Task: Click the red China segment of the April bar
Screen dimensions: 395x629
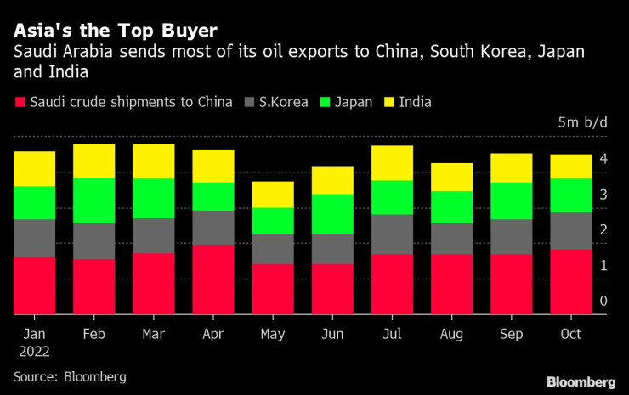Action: click(x=212, y=279)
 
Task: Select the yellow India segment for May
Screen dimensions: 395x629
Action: click(x=272, y=195)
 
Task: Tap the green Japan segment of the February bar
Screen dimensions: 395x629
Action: click(x=93, y=200)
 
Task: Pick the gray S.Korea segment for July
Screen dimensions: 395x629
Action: click(x=392, y=234)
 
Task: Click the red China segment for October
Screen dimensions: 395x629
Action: click(x=570, y=281)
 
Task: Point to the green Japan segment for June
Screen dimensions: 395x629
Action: click(x=332, y=214)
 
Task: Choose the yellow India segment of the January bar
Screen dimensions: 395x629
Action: click(x=34, y=169)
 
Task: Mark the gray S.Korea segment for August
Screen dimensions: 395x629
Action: click(x=451, y=239)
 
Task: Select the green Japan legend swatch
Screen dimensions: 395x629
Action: click(x=324, y=103)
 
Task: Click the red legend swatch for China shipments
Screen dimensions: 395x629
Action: click(x=19, y=103)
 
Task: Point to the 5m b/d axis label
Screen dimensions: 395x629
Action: click(x=583, y=123)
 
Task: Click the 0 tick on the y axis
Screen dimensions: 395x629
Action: click(x=603, y=301)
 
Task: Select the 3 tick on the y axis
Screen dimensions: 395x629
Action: click(x=603, y=195)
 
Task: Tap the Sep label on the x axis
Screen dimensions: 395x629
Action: click(x=511, y=334)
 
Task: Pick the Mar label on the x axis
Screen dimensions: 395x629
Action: click(x=153, y=334)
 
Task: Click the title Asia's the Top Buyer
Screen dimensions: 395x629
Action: click(x=116, y=31)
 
